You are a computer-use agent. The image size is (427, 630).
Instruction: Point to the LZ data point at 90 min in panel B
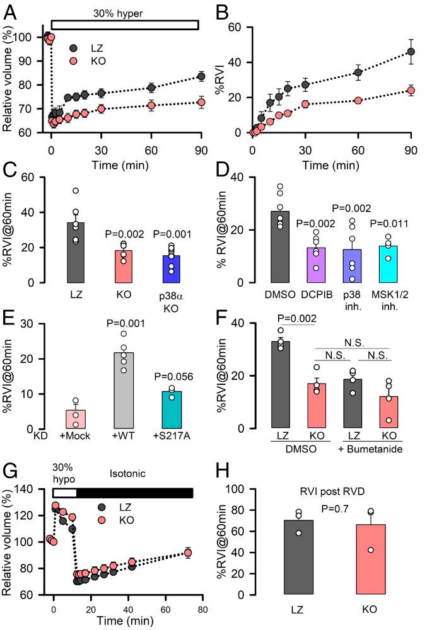(x=411, y=52)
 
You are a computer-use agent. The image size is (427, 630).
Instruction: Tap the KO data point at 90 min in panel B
(x=411, y=90)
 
